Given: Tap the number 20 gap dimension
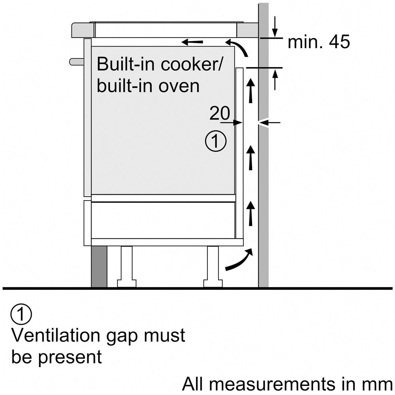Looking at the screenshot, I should [219, 114].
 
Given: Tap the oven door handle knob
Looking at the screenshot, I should [76, 61].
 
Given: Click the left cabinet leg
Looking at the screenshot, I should [127, 267].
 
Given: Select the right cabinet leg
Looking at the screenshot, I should [213, 267].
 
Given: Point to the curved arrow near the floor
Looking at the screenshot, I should [239, 261].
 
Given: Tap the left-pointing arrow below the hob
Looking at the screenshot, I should [192, 41].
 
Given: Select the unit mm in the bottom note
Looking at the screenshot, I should [379, 384].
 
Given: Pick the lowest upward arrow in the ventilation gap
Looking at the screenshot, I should [250, 213].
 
